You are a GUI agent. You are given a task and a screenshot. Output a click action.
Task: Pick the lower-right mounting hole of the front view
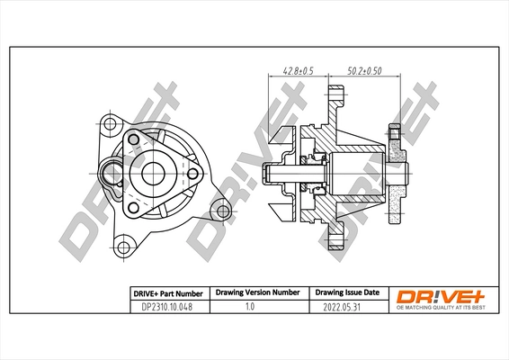click(219, 211)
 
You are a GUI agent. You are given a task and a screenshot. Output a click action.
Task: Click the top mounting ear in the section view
click(335, 100)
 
